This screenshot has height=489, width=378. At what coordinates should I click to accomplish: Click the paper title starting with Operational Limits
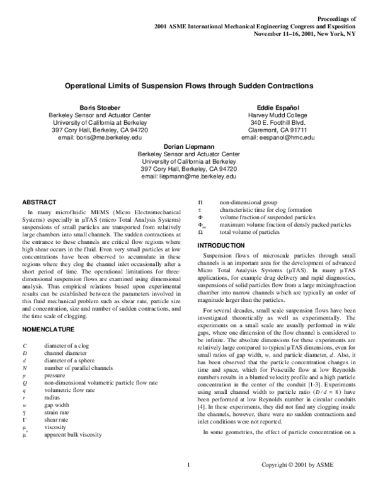click(x=188, y=84)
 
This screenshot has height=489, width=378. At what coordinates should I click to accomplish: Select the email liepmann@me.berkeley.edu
click(x=188, y=177)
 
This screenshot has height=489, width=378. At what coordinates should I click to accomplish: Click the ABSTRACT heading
click(x=40, y=202)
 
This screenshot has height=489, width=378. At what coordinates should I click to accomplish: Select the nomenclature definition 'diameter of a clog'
click(x=70, y=347)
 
